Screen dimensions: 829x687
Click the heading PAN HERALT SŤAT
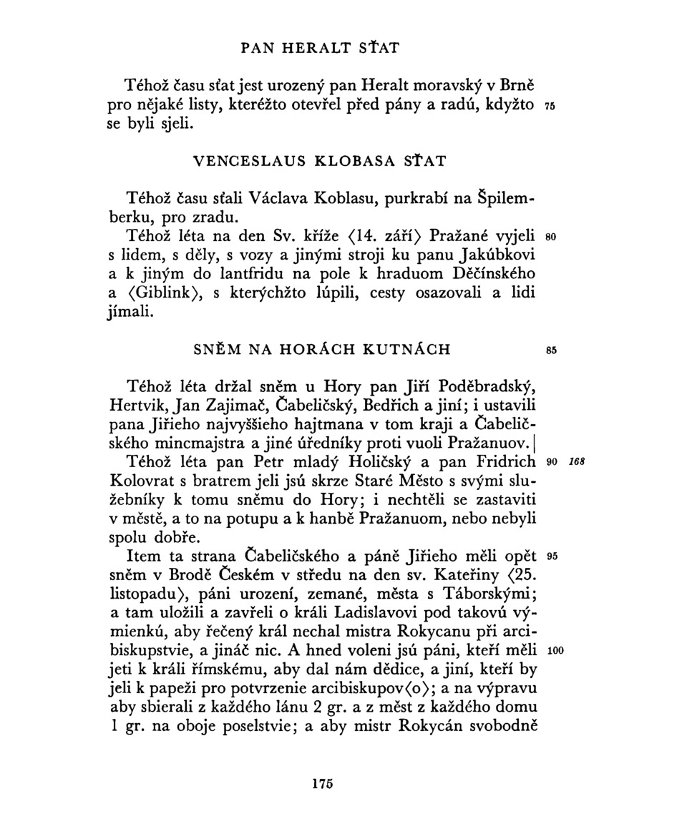coord(319,49)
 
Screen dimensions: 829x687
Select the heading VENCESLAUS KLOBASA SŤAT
coord(319,160)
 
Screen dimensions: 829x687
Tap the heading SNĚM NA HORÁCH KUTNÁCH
coord(322,350)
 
